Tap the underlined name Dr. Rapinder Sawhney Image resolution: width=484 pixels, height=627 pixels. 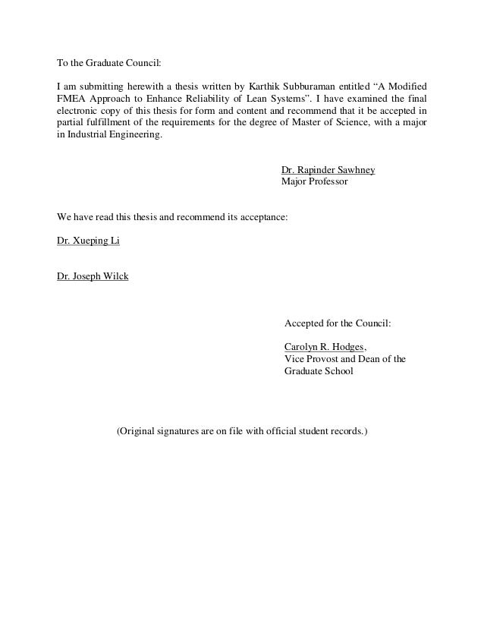pyautogui.click(x=328, y=170)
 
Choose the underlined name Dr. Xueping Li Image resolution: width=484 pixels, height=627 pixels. pyautogui.click(x=88, y=241)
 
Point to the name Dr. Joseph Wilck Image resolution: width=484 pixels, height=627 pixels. pyautogui.click(x=93, y=276)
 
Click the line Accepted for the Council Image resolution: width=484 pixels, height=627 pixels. pyautogui.click(x=338, y=323)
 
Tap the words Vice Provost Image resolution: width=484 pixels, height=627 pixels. pyautogui.click(x=313, y=359)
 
